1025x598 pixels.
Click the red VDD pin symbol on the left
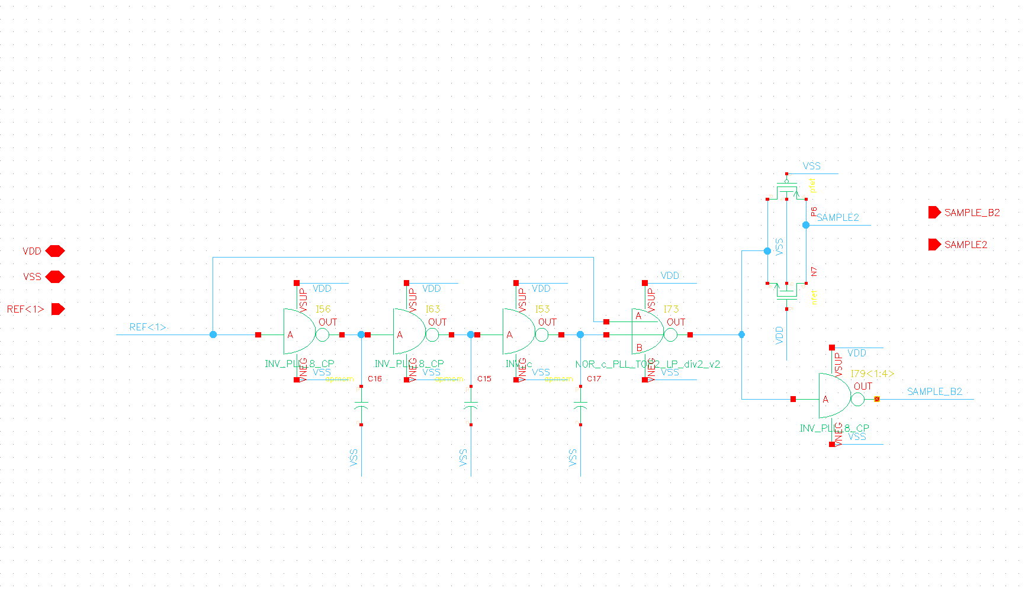(54, 251)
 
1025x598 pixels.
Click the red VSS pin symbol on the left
(54, 277)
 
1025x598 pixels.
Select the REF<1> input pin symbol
(57, 309)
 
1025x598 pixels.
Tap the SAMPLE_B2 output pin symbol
(934, 213)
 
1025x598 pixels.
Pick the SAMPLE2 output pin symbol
(934, 245)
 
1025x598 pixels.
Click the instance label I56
(323, 309)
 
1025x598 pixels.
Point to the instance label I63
(433, 309)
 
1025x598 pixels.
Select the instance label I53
(542, 309)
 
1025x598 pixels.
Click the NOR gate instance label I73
(671, 309)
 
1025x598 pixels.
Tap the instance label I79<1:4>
(872, 374)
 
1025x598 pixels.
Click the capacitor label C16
(375, 379)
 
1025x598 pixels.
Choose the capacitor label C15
(484, 379)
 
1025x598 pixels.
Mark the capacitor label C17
(594, 379)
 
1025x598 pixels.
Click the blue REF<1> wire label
(147, 327)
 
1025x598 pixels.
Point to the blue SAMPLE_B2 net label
(934, 391)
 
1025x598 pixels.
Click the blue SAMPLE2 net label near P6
(838, 217)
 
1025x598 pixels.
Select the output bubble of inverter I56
(322, 335)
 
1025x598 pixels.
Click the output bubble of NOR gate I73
(670, 335)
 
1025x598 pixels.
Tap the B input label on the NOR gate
(639, 348)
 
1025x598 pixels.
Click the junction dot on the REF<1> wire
(213, 335)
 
